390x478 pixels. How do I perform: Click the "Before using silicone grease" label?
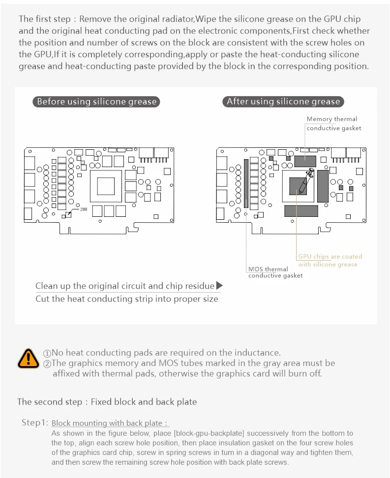[97, 102]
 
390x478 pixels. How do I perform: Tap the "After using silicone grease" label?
[283, 102]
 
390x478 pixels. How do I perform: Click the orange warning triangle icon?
[28, 358]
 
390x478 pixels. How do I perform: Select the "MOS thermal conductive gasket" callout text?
[275, 272]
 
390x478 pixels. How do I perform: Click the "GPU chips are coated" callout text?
[330, 256]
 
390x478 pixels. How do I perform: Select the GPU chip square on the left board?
[106, 187]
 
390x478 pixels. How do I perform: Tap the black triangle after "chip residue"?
[219, 285]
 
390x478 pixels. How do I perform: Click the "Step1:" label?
[34, 422]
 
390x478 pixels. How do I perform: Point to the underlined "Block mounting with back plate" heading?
[110, 423]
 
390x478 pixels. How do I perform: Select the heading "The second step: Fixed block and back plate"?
[107, 402]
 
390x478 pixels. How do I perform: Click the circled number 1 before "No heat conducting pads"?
[47, 353]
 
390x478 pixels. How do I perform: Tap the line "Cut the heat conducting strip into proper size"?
[126, 299]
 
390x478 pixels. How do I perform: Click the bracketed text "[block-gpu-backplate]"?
[209, 434]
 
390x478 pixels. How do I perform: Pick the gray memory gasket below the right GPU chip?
[301, 211]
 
